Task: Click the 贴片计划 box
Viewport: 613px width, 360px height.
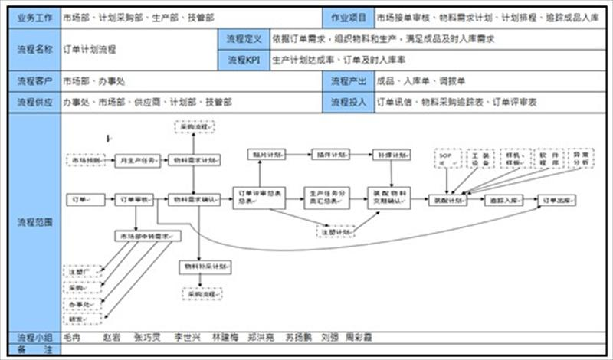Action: [x=266, y=155]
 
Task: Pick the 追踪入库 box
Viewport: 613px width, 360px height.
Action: [x=503, y=200]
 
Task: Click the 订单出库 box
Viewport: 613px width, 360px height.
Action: [x=557, y=200]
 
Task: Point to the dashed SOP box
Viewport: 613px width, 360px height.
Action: [x=447, y=159]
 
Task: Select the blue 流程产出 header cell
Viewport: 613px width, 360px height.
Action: [x=348, y=80]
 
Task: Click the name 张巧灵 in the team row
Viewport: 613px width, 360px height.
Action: [x=146, y=337]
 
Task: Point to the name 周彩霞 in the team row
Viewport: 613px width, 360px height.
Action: [x=358, y=337]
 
